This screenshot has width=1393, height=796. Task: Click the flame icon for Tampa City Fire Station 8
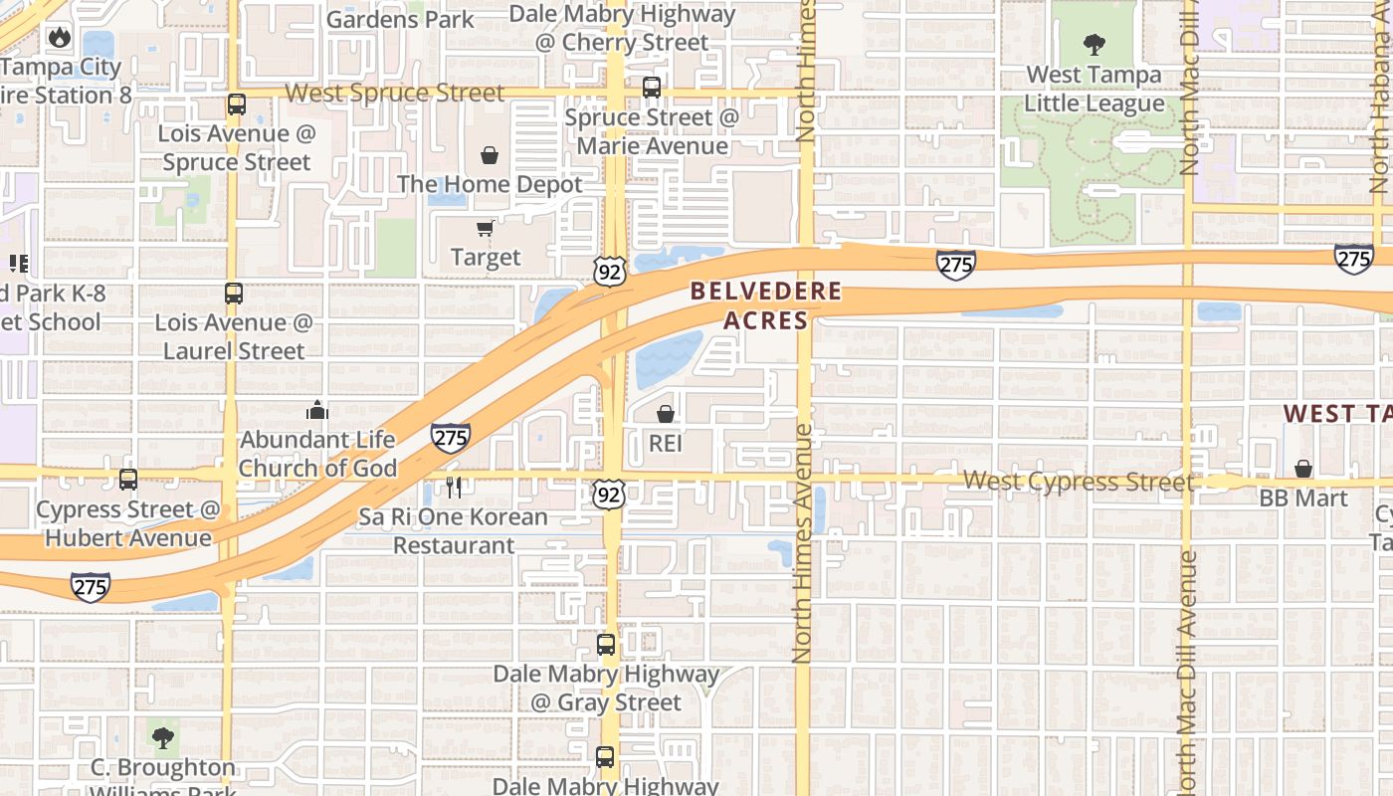(x=60, y=38)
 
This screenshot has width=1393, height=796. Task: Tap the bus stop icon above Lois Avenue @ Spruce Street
(x=236, y=104)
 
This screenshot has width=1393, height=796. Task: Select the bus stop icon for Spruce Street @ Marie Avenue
(x=652, y=88)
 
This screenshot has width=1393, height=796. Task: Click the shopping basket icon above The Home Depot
(x=490, y=155)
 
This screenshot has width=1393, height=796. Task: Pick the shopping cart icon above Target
(x=485, y=229)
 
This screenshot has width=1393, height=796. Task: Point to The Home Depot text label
(x=490, y=184)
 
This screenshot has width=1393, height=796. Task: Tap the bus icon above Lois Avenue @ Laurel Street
(x=234, y=294)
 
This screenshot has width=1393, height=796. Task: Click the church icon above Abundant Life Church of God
(x=317, y=410)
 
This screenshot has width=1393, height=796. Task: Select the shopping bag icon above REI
(x=666, y=414)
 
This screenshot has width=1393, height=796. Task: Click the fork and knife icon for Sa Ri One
(x=455, y=487)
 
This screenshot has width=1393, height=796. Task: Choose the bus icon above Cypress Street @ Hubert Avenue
(x=128, y=480)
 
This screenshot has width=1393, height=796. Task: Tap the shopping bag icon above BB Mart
(x=1303, y=469)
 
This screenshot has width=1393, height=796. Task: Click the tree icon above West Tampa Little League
(x=1094, y=45)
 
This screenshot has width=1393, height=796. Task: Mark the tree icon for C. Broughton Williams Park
(x=163, y=738)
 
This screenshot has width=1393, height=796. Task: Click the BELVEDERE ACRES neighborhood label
(x=766, y=305)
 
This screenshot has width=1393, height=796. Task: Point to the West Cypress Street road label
(x=1078, y=482)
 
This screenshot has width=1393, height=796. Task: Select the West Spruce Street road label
(x=395, y=94)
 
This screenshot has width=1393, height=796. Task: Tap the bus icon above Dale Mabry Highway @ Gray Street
(x=606, y=645)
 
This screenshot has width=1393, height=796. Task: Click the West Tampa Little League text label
(x=1094, y=90)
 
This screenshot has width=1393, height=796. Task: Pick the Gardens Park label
(x=400, y=19)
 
